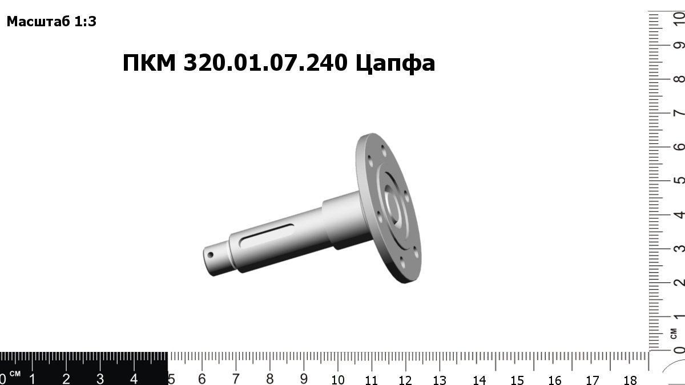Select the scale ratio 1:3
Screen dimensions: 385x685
(85, 22)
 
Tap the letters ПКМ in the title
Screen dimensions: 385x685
(150, 63)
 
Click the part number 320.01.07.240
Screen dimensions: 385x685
(265, 63)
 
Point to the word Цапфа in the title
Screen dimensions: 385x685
(395, 63)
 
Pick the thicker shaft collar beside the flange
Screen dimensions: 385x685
(340, 220)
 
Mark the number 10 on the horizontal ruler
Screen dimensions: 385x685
(337, 379)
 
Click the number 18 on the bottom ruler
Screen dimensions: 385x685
(630, 379)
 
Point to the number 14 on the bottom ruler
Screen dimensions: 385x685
(479, 379)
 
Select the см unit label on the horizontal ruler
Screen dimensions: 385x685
(15, 374)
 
